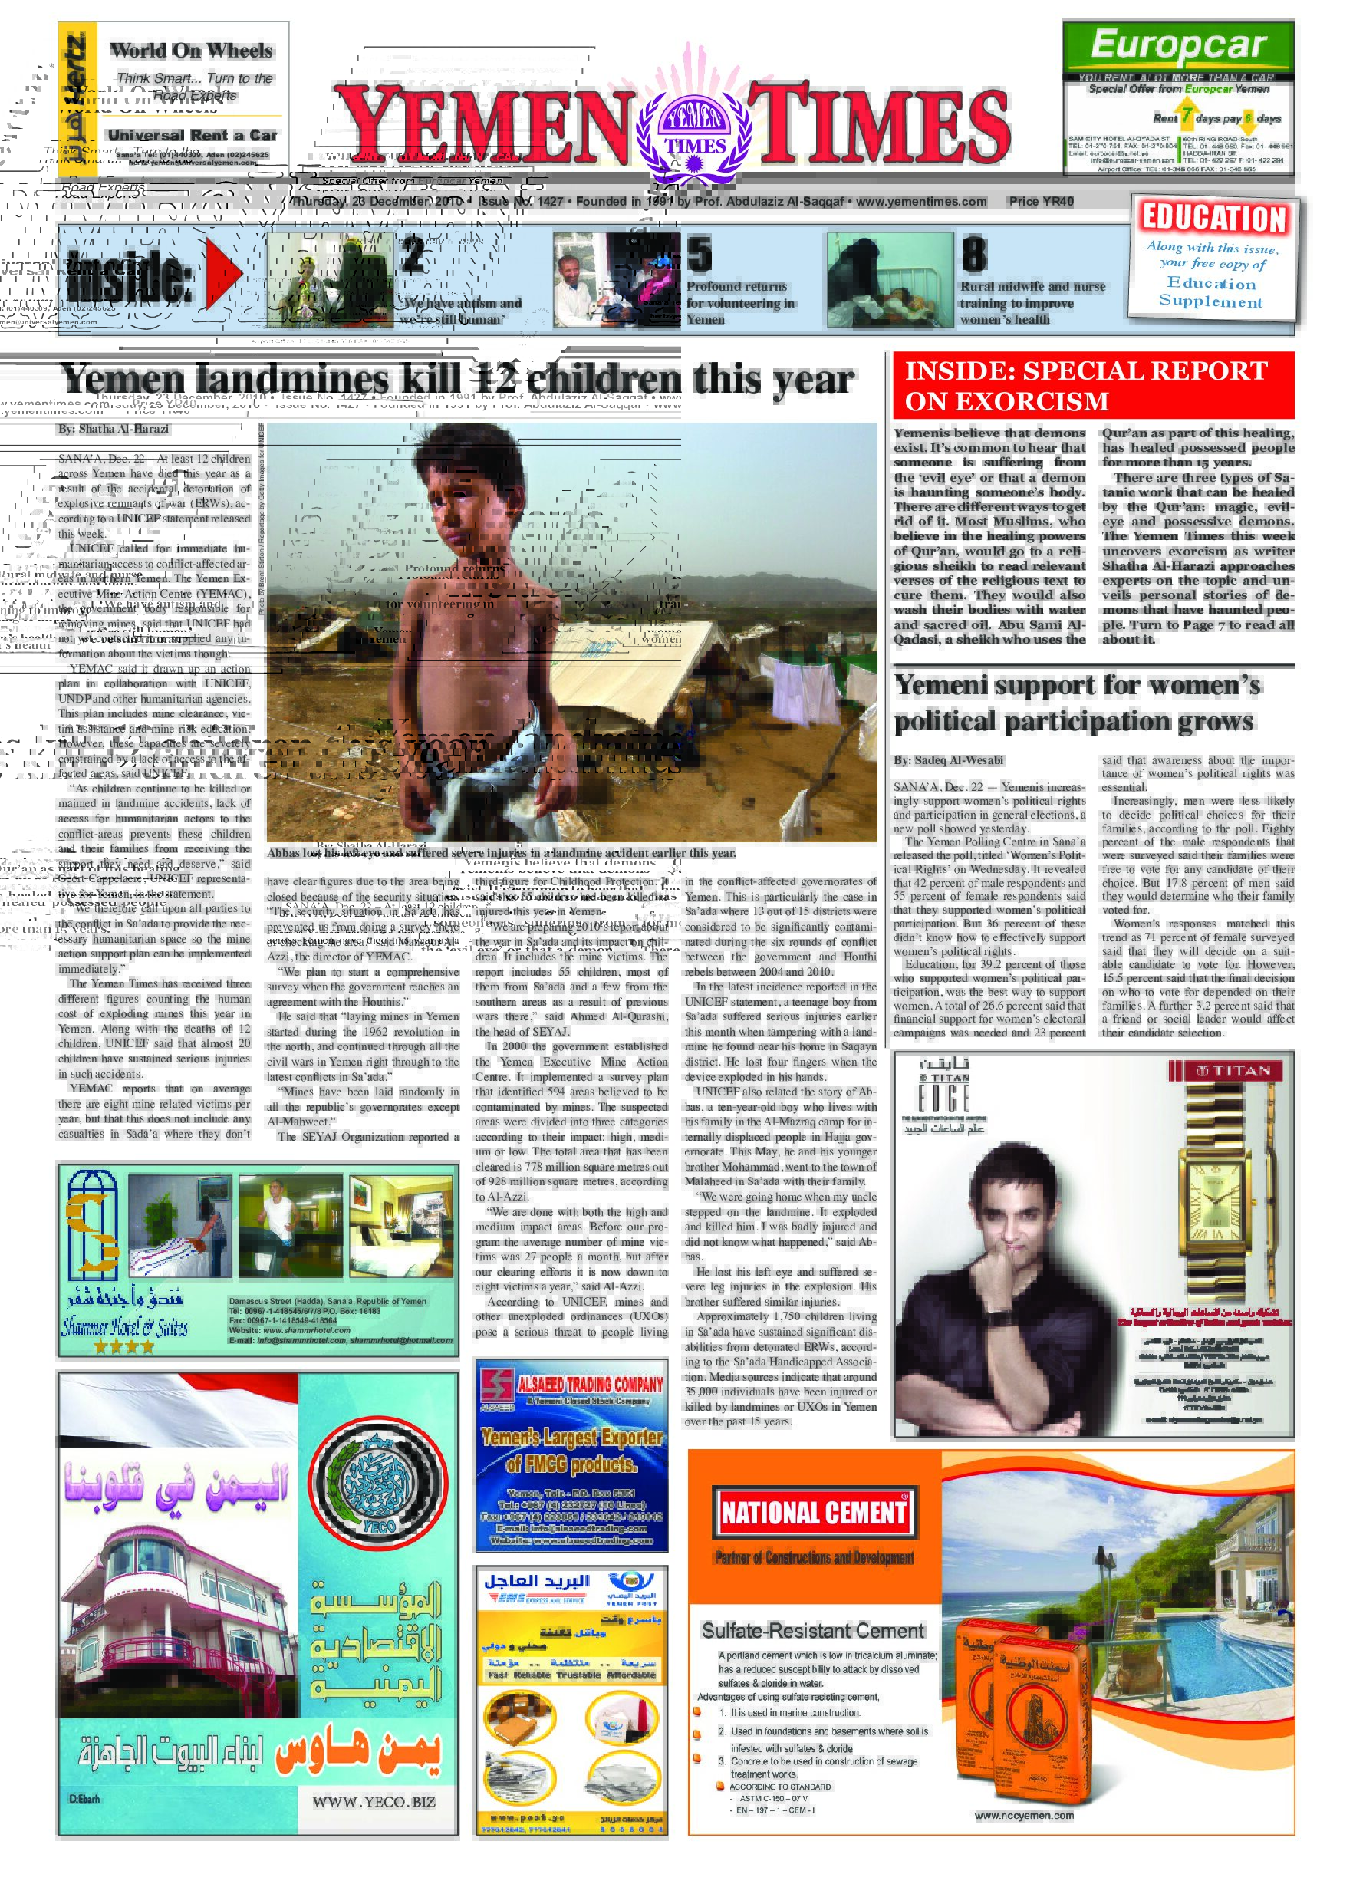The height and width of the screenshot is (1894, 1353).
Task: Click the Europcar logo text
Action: (1178, 45)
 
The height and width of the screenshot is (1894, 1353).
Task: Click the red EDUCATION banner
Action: (1214, 219)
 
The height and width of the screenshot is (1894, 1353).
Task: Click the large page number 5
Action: (699, 254)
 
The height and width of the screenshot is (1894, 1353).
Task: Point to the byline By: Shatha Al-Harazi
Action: (114, 429)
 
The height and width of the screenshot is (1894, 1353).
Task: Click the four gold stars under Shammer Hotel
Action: (124, 1346)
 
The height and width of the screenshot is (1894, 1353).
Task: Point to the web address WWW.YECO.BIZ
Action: (374, 1801)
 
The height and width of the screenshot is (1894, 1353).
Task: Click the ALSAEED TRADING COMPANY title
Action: (590, 1384)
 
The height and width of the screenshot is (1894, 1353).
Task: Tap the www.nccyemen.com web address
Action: (1023, 1815)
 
